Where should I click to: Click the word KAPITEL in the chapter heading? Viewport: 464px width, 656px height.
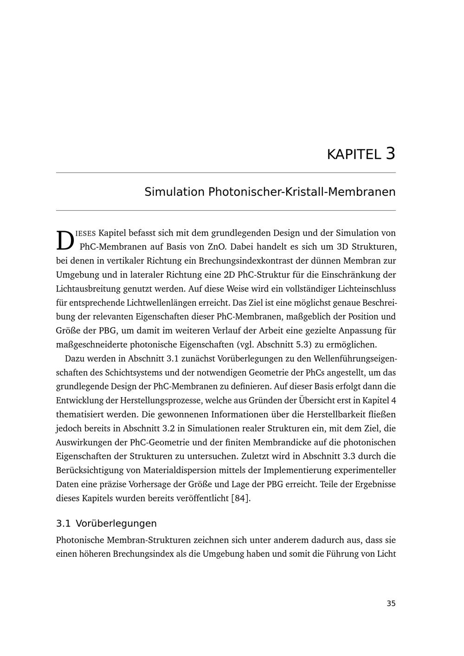(x=354, y=154)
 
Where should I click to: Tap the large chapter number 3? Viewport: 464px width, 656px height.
(x=390, y=154)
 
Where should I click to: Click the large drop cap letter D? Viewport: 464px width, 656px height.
(x=65, y=240)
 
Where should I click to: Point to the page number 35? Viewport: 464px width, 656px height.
(x=391, y=604)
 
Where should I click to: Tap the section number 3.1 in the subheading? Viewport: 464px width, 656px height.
(x=63, y=523)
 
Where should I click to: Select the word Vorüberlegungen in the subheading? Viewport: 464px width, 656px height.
(x=116, y=523)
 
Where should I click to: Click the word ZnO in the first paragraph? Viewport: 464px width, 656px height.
(x=216, y=247)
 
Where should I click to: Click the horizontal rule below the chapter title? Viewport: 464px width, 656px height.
(x=226, y=211)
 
